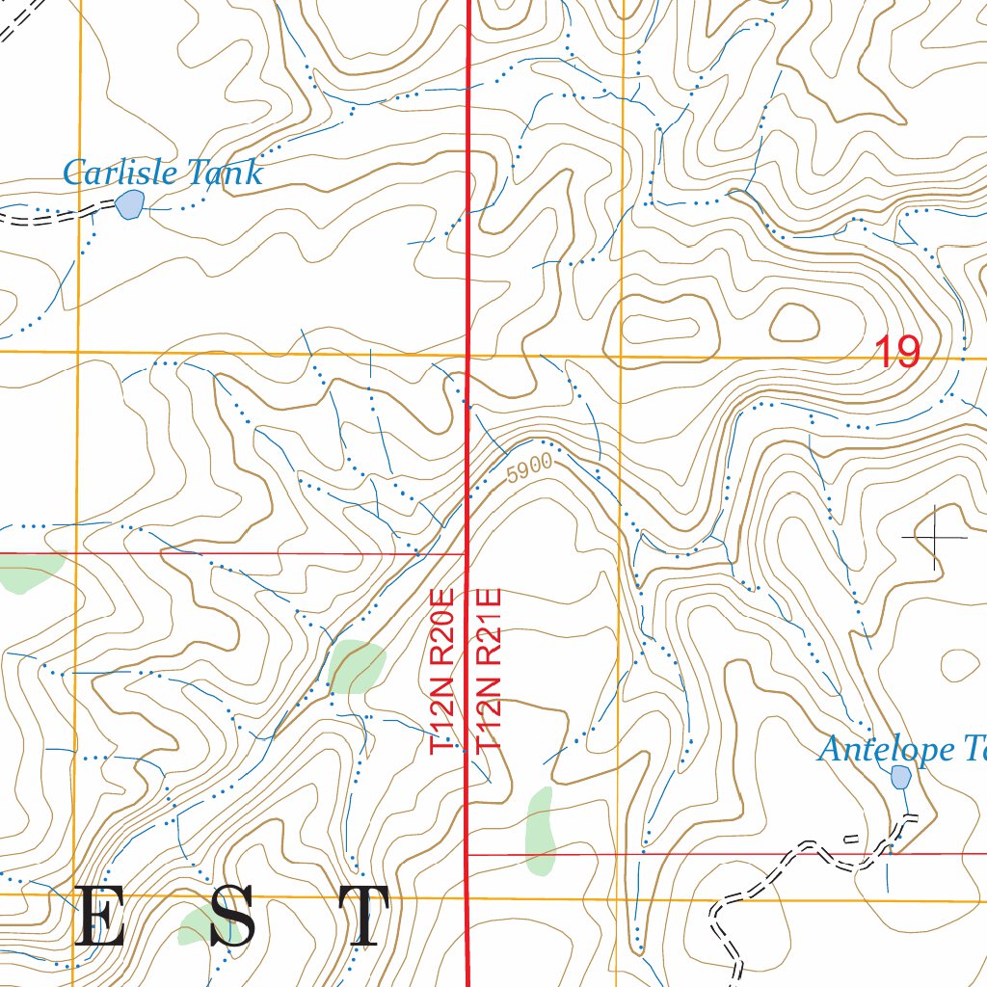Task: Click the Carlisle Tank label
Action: coord(162,173)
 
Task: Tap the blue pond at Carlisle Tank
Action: coord(129,204)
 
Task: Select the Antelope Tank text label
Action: coord(901,749)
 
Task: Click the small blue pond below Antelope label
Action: coord(900,777)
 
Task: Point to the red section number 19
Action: coord(897,353)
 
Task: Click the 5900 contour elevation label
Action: coord(529,468)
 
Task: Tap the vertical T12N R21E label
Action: coord(490,669)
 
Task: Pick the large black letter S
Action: coord(232,917)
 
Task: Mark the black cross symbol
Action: coord(934,536)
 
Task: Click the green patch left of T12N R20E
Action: coord(356,666)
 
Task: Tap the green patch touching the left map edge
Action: coord(27,573)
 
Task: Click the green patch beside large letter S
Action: coord(204,927)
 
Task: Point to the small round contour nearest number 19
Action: coord(793,323)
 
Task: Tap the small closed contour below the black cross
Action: coord(960,664)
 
